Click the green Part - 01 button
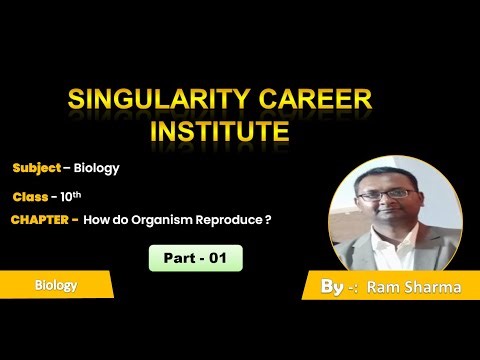click(x=196, y=258)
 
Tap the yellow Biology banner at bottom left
click(x=55, y=285)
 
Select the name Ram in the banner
click(x=384, y=288)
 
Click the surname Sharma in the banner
click(x=428, y=288)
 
